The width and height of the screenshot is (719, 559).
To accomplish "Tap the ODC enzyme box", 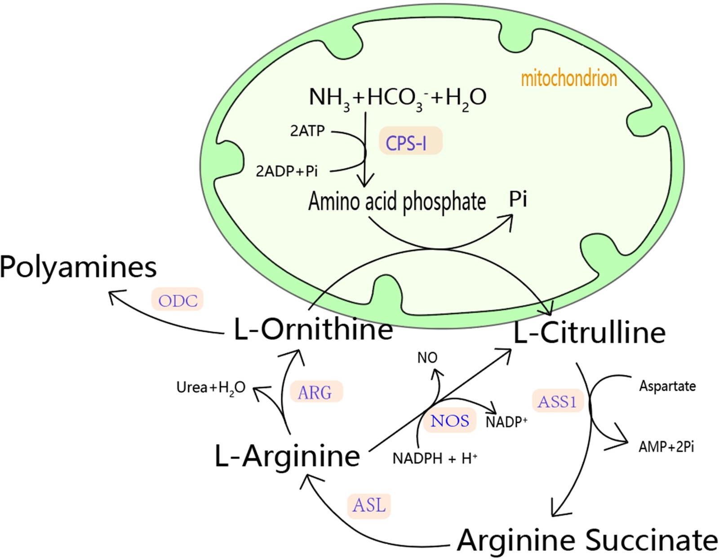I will (x=178, y=299).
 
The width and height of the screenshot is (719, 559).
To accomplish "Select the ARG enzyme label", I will (x=316, y=392).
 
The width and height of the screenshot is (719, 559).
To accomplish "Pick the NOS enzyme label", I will (x=449, y=421).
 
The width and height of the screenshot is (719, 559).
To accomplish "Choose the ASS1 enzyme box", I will (x=557, y=401).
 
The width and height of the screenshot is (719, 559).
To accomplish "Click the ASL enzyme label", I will (x=369, y=505).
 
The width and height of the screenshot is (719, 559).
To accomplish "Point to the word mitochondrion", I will (x=568, y=79).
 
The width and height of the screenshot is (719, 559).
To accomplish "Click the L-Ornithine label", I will (x=313, y=330).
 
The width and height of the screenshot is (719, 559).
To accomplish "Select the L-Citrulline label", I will (x=589, y=333).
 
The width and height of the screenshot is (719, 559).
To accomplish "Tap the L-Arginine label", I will (x=288, y=456).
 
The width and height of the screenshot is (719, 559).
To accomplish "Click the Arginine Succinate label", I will (x=587, y=540).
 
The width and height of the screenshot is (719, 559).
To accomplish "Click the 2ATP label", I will (x=307, y=131).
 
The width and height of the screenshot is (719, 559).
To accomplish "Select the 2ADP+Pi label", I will (x=287, y=171).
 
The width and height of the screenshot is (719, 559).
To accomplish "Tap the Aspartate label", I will (x=667, y=386).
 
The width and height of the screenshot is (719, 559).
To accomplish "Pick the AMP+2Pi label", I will (x=666, y=447).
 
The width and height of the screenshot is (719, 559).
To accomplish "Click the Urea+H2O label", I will (x=211, y=387).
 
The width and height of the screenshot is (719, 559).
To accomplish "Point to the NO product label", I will (x=427, y=358).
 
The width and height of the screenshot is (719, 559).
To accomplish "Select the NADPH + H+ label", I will (x=435, y=458).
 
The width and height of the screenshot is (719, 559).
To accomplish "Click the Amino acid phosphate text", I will (x=397, y=202).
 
